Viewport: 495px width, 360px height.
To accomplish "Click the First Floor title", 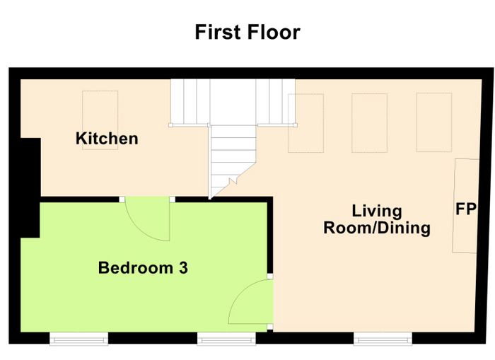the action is (248, 32).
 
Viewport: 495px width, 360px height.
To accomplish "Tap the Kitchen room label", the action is (107, 139).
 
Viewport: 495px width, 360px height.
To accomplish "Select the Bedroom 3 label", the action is (143, 268).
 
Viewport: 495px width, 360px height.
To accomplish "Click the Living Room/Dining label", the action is (377, 219).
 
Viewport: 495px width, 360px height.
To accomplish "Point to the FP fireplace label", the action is (466, 209).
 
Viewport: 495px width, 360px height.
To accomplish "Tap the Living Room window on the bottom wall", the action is (383, 339).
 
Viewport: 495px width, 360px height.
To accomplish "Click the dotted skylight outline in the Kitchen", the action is (100, 120).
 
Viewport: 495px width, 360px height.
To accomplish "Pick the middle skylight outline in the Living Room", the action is (369, 123).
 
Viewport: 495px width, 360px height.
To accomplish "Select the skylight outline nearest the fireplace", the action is (434, 122).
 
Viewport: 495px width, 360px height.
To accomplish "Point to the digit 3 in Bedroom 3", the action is (183, 268).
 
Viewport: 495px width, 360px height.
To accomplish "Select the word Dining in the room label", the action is (404, 228).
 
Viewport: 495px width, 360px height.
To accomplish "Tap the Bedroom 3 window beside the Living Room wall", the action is (226, 339).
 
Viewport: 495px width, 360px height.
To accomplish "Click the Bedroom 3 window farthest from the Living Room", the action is (79, 339).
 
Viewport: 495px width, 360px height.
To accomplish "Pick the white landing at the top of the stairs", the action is (233, 102).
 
